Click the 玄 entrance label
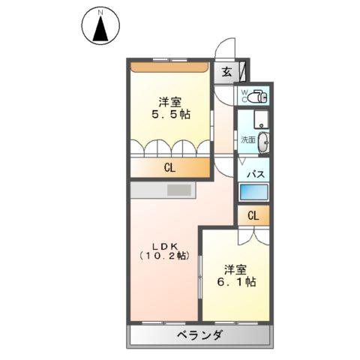pos(226,73)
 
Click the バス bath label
pos(255,175)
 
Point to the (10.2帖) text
pos(164,255)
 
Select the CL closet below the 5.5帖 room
pos(169,168)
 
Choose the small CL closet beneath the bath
pos(253,216)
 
